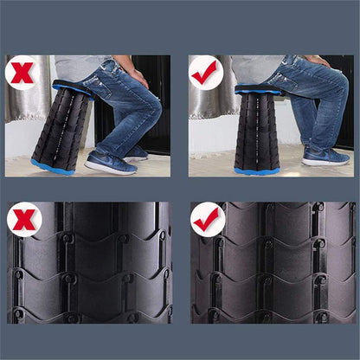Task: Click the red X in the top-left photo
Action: [22, 73]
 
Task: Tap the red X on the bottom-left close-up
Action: [25, 221]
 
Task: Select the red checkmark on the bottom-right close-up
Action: [209, 221]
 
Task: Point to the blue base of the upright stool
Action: [257, 170]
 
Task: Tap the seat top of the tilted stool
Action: [74, 87]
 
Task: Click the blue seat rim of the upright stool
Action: [258, 89]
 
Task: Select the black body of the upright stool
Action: [257, 130]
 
